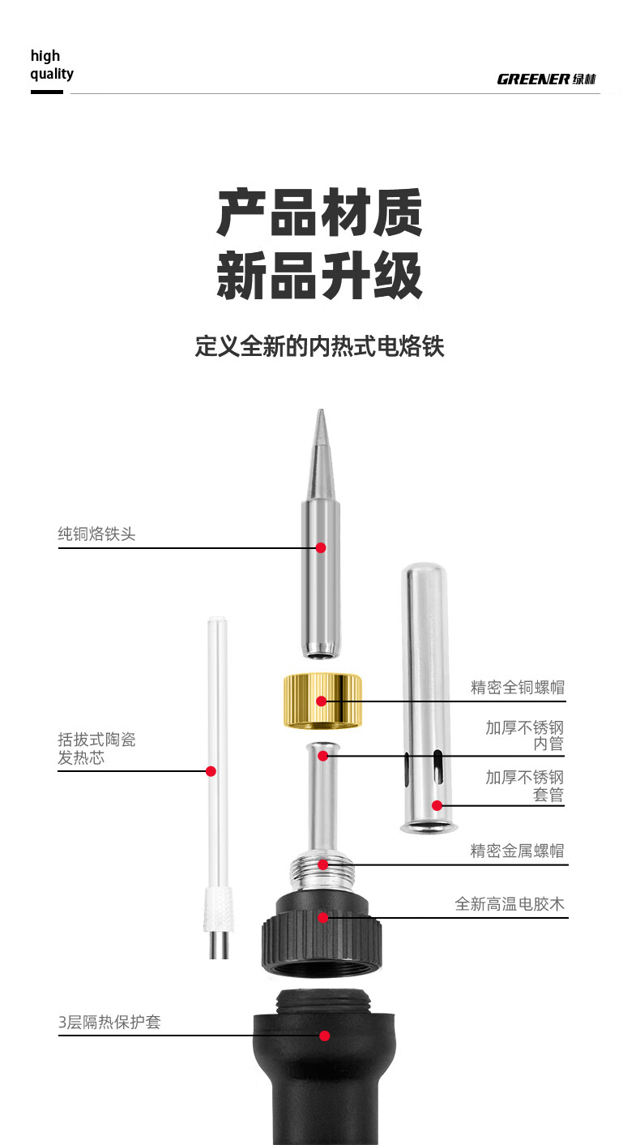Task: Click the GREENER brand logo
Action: point(546,79)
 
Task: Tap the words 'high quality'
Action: point(51,65)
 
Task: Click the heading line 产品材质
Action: point(320,213)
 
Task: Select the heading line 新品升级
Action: point(320,276)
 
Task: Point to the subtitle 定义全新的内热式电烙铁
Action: point(320,346)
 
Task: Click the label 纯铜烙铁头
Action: point(96,534)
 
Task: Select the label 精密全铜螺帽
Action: point(518,688)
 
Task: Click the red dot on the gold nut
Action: point(322,701)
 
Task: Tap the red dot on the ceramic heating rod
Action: point(211,771)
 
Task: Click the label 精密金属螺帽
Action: point(517,851)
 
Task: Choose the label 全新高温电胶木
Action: point(510,903)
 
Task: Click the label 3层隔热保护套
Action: point(109,1022)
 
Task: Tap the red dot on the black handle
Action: point(324,1036)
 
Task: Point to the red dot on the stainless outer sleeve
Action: point(437,805)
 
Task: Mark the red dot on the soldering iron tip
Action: point(321,547)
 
